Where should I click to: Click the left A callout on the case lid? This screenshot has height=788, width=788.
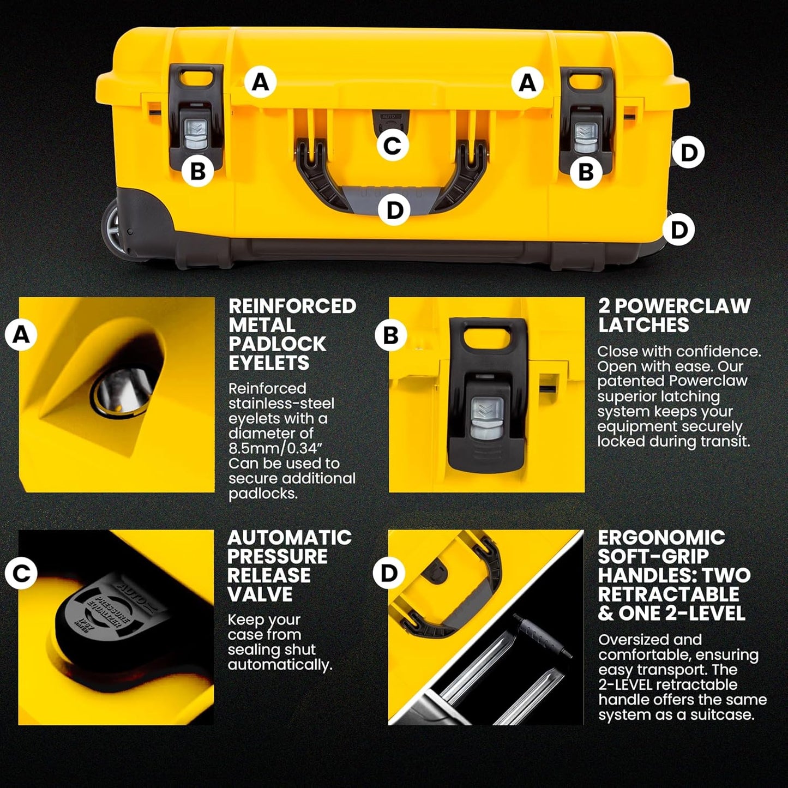coord(260,82)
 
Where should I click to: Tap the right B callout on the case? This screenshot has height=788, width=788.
coord(586,172)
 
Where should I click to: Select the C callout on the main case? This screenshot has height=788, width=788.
coord(392,146)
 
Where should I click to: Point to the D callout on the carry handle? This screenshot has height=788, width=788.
coord(394,210)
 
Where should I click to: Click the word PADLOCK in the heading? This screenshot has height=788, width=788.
coord(277,344)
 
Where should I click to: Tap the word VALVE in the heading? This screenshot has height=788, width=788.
coord(260,594)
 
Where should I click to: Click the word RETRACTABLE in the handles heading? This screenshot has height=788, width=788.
coord(669,594)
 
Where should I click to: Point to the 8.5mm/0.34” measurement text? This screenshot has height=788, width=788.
coord(271,448)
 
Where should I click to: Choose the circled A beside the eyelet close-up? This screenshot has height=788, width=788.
coord(21,334)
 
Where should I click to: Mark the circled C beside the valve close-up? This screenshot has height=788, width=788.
coord(21,573)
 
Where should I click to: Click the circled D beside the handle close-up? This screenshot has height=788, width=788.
coord(389,573)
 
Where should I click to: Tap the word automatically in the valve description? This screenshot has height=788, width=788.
coord(279,665)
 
